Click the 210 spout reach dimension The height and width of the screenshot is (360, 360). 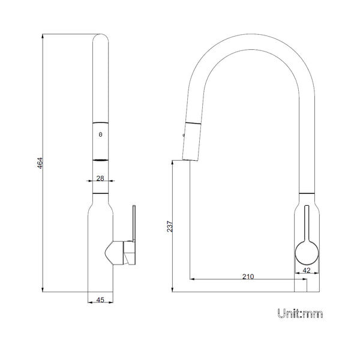pyautogui.click(x=248, y=277)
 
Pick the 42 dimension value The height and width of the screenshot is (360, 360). pyautogui.click(x=306, y=271)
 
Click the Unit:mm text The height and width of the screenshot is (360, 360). pyautogui.click(x=300, y=313)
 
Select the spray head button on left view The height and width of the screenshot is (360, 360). pyautogui.click(x=100, y=136)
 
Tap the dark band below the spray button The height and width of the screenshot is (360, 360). pyautogui.click(x=100, y=160)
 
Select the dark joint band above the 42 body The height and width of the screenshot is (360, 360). pyautogui.click(x=306, y=192)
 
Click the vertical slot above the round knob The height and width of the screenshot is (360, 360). pyautogui.click(x=306, y=222)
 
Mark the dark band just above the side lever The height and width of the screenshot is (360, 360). pyautogui.click(x=100, y=194)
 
